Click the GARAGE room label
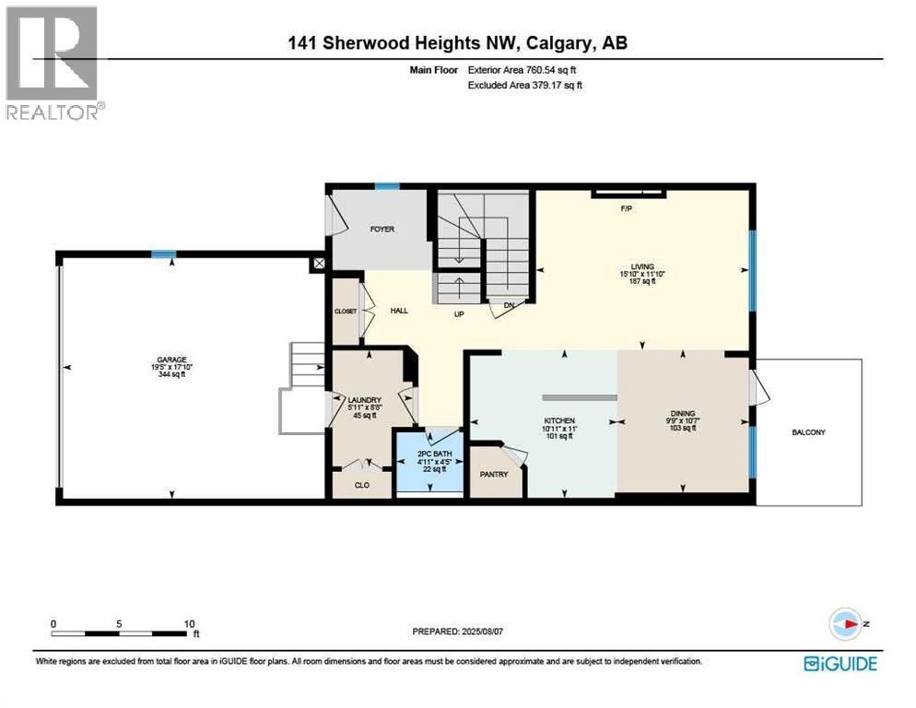tap(171, 360)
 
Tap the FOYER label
tap(382, 230)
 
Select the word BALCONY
tap(808, 432)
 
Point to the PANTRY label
tap(494, 474)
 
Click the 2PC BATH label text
tap(435, 454)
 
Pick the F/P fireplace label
tap(627, 208)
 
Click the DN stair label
tap(509, 305)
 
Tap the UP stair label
tap(459, 314)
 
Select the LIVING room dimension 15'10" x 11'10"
tap(642, 274)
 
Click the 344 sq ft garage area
tap(171, 374)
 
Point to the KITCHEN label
tap(559, 421)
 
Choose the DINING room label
tap(683, 413)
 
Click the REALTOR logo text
tap(53, 112)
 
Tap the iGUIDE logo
tap(840, 664)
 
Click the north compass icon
tap(845, 624)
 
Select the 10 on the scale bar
tap(189, 624)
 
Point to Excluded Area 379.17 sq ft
tap(525, 85)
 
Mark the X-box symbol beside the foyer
tap(319, 264)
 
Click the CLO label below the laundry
tap(361, 485)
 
